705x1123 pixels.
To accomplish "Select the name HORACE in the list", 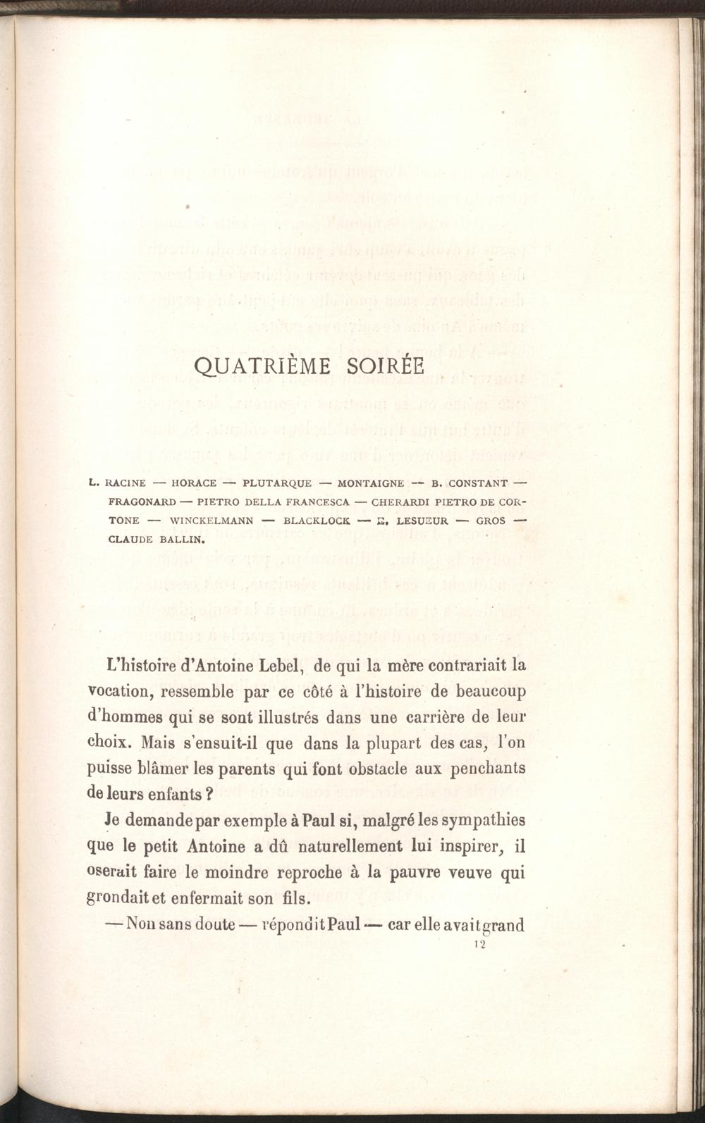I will [194, 483].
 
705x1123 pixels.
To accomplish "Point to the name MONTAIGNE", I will [371, 483].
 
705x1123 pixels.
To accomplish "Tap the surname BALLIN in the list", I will [180, 542].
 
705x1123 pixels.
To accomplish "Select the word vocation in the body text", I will [117, 690].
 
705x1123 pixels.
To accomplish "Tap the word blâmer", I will [159, 768].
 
